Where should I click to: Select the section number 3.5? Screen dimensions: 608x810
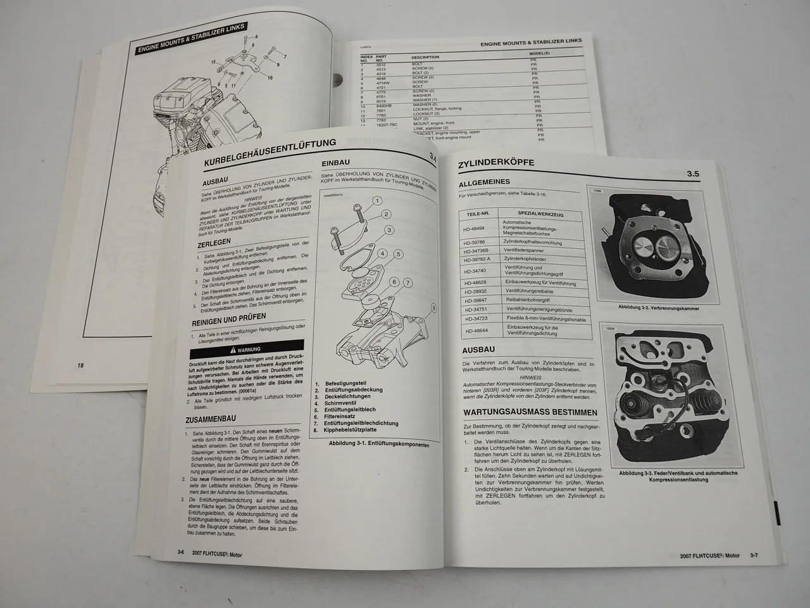693,174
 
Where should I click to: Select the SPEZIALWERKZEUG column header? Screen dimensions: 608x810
540,215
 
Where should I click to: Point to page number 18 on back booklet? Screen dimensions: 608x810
80,365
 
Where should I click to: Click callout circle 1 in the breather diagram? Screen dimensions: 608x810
377,201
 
